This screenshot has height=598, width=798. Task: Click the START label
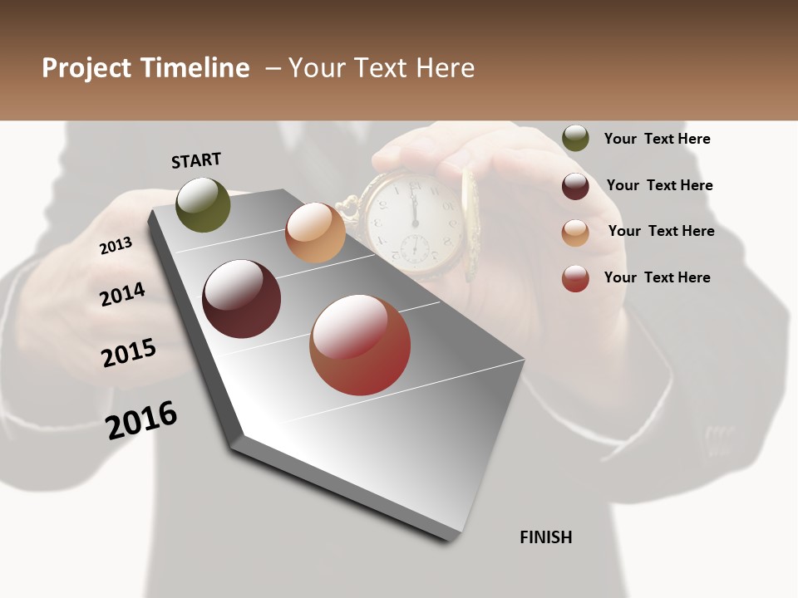click(196, 160)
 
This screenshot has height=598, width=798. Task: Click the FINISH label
click(546, 537)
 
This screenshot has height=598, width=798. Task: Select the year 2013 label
click(116, 246)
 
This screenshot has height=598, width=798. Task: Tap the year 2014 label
click(123, 295)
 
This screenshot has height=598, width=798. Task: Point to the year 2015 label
click(129, 352)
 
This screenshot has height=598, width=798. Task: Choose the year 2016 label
click(141, 419)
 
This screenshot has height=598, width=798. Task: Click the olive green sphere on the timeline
click(203, 204)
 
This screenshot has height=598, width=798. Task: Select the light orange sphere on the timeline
click(315, 233)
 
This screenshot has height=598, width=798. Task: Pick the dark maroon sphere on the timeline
click(241, 299)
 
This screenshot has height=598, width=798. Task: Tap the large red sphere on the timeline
click(360, 345)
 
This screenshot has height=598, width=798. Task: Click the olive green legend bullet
click(575, 138)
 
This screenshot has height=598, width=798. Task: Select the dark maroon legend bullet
click(575, 186)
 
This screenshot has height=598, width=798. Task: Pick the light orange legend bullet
click(575, 233)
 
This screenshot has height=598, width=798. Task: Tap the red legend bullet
click(575, 278)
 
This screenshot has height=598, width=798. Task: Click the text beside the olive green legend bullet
click(657, 139)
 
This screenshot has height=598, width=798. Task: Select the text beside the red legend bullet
click(657, 277)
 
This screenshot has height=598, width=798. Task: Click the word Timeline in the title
click(195, 68)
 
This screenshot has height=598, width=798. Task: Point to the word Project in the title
click(86, 68)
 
